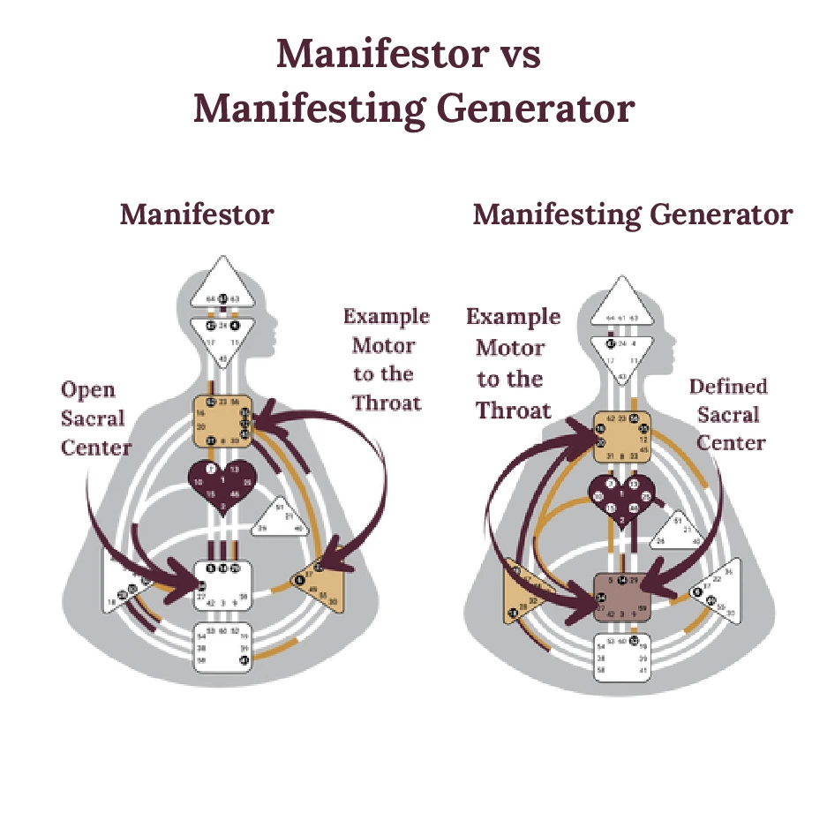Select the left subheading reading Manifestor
[x=197, y=215]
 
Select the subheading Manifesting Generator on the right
[x=632, y=215]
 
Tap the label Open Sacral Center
[x=95, y=418]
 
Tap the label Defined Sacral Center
[x=729, y=414]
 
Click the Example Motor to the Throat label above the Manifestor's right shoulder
[x=385, y=359]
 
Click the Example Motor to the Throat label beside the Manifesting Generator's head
[x=513, y=364]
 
